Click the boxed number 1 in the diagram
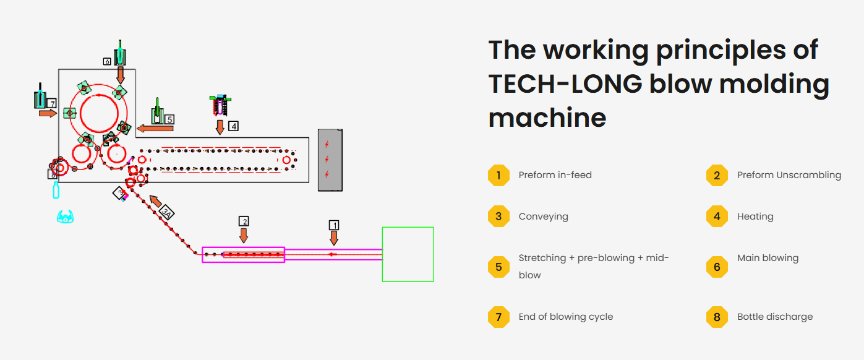pyautogui.click(x=334, y=225)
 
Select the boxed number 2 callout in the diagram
pyautogui.click(x=244, y=221)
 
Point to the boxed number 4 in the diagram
pyautogui.click(x=233, y=126)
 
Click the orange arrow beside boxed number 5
pyautogui.click(x=146, y=128)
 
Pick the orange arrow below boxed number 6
pyautogui.click(x=121, y=75)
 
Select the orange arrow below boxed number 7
pyautogui.click(x=47, y=114)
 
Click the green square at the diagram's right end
pyautogui.click(x=408, y=254)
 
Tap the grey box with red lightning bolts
pyautogui.click(x=330, y=160)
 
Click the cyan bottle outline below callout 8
pyautogui.click(x=56, y=189)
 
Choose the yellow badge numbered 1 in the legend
pyautogui.click(x=498, y=175)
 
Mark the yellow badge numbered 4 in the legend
pyautogui.click(x=717, y=216)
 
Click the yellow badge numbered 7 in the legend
pyautogui.click(x=498, y=317)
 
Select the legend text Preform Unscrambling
pyautogui.click(x=789, y=175)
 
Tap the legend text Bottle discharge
pyautogui.click(x=774, y=317)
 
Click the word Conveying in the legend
pyautogui.click(x=543, y=216)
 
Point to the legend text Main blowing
pyautogui.click(x=768, y=258)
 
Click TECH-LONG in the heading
pyautogui.click(x=565, y=84)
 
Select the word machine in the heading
pyautogui.click(x=547, y=117)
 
